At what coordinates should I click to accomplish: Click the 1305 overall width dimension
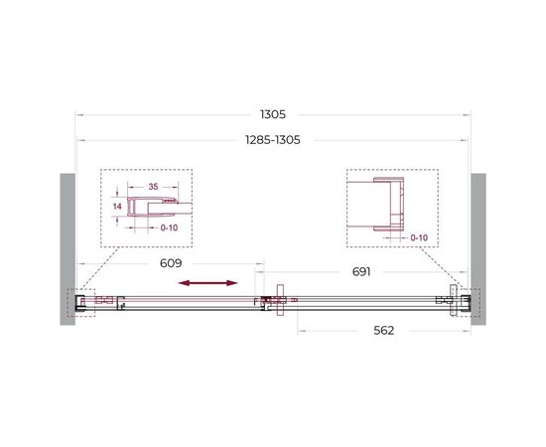pyautogui.click(x=273, y=114)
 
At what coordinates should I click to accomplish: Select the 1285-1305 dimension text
pyautogui.click(x=273, y=140)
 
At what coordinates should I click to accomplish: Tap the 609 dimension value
pyautogui.click(x=171, y=263)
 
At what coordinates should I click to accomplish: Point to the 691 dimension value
pyautogui.click(x=361, y=272)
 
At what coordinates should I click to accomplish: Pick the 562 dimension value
pyautogui.click(x=384, y=331)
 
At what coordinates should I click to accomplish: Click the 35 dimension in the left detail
pyautogui.click(x=153, y=187)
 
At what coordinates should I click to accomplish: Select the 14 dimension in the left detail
pyautogui.click(x=117, y=207)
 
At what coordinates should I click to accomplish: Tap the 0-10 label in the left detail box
pyautogui.click(x=169, y=227)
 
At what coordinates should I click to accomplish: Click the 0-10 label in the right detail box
pyautogui.click(x=419, y=237)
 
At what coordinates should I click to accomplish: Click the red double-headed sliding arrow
pyautogui.click(x=207, y=283)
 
